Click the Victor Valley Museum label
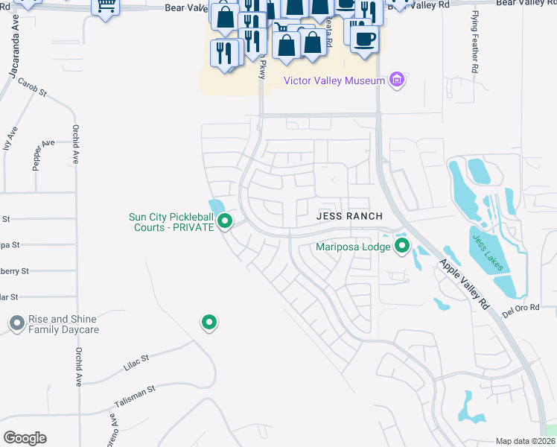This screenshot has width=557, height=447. pos(334,80)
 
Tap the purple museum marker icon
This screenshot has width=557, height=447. pos(396,80)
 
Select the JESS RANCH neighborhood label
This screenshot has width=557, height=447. pos(349,215)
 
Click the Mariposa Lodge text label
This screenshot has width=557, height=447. pos(352,245)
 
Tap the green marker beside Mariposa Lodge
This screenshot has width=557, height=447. pos(402,245)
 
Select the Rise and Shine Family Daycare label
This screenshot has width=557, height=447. pos(63,324)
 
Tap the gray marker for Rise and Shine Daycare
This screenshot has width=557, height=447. pos(16,323)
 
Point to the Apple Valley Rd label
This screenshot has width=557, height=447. pos(463,284)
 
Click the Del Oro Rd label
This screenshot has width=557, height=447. pos(520,311)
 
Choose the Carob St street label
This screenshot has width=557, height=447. pos(33,89)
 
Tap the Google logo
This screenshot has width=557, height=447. pos(25,438)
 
